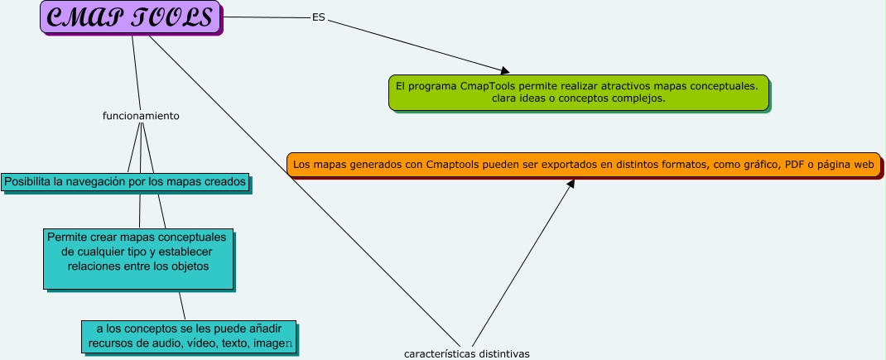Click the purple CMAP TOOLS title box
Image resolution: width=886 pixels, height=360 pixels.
(x=131, y=17)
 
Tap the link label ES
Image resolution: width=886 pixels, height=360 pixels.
(x=318, y=17)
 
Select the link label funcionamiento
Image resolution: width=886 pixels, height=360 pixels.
(x=141, y=116)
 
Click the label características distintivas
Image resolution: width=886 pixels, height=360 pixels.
(x=466, y=353)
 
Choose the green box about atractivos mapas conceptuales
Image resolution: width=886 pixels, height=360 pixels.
(x=578, y=92)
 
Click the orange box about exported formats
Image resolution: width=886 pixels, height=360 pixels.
(x=583, y=165)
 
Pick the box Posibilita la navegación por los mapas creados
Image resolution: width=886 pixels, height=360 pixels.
(x=125, y=181)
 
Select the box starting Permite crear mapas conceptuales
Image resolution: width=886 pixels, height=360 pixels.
(x=137, y=258)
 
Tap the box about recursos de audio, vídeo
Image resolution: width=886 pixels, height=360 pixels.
(x=189, y=335)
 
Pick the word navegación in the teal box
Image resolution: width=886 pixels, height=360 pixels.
(x=108, y=181)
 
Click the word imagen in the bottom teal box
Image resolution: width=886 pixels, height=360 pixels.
(x=275, y=343)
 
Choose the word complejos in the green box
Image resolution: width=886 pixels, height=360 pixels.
(x=638, y=98)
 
